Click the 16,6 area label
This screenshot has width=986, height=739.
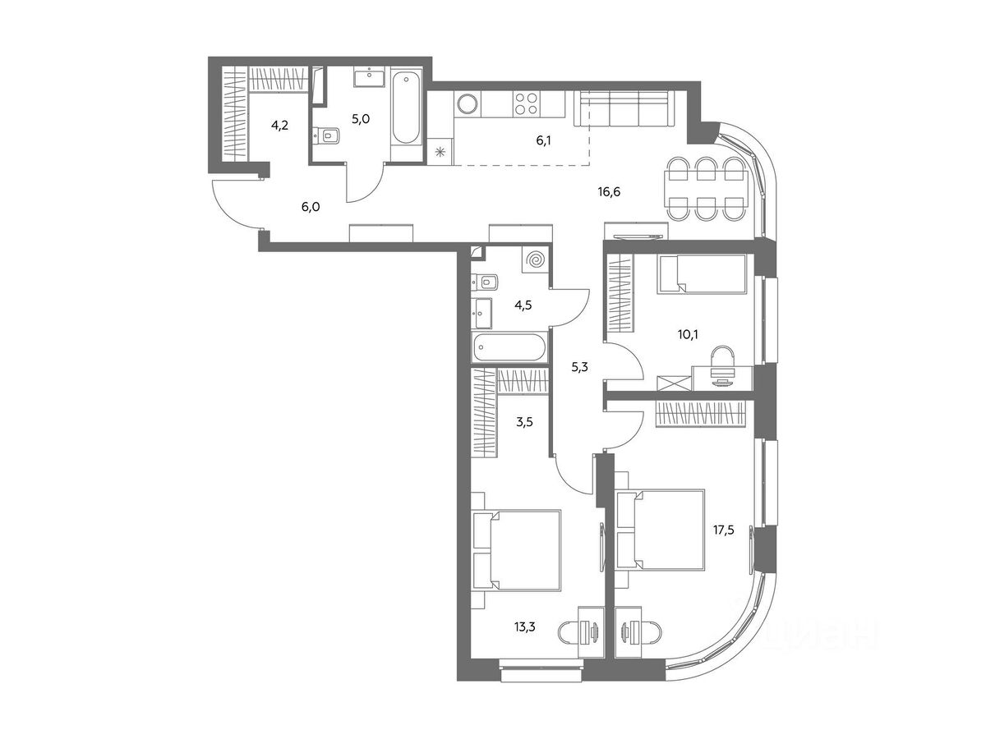pos(609,192)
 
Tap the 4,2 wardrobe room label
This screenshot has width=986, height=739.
pos(279,125)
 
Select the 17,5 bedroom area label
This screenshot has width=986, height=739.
pos(723,530)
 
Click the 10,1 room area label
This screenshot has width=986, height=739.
pos(688,335)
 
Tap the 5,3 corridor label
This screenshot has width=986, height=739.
pos(579,368)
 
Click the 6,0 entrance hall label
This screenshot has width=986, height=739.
pos(311,207)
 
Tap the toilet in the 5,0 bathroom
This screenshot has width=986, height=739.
pos(326,135)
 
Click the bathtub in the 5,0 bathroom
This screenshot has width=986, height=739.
pos(406,110)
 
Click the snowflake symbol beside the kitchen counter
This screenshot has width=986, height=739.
pos(440,151)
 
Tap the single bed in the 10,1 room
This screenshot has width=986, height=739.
pos(702,274)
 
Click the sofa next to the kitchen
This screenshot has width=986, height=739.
pos(625,108)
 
